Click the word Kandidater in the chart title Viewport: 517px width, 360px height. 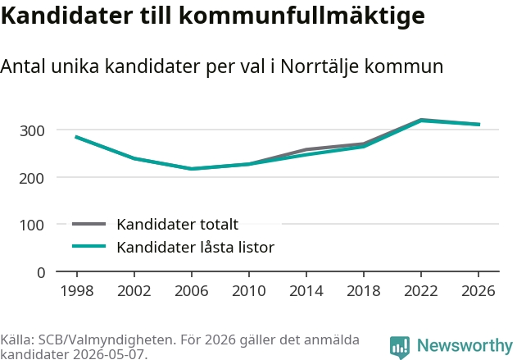tap(66, 15)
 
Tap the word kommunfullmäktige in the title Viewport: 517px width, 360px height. tap(302, 16)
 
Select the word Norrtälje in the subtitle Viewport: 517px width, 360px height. tap(320, 66)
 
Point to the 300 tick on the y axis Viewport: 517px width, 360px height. tap(32, 131)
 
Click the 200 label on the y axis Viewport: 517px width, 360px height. tap(32, 179)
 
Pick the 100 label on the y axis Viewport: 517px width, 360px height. tap(32, 226)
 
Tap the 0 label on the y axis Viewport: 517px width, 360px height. tap(41, 273)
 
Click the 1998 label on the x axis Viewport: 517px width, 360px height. tap(77, 290)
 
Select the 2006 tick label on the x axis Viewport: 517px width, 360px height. tap(192, 290)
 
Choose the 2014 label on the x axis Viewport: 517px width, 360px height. tap(306, 290)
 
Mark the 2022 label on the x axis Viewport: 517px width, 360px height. tap(421, 290)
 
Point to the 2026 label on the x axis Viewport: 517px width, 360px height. tap(478, 290)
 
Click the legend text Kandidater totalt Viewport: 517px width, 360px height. tap(178, 225)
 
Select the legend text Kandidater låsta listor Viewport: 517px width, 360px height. tap(196, 247)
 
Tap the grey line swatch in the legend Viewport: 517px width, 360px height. tap(89, 224)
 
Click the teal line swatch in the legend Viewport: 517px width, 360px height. tap(89, 246)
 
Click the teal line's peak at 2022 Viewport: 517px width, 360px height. tap(421, 121)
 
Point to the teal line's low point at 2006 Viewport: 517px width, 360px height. tap(192, 169)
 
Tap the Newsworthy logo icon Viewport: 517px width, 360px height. tap(400, 347)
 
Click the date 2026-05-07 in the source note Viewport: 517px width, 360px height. tap(108, 354)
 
